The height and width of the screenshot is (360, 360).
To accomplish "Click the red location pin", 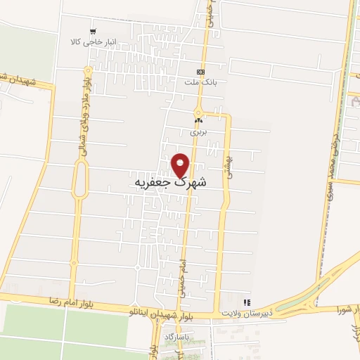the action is (181, 165).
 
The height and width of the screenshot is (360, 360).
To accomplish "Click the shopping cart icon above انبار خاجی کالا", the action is (93, 32).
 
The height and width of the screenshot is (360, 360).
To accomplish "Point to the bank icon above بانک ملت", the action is (201, 72).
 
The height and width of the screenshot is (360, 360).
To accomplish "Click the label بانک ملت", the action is (198, 83).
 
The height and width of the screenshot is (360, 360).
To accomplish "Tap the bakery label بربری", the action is (198, 131).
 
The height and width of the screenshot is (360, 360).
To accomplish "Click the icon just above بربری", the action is (198, 121).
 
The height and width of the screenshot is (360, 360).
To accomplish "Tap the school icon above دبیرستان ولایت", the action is (246, 302).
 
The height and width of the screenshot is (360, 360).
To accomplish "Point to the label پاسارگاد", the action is (178, 337).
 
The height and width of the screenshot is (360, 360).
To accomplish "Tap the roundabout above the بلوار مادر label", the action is (86, 70).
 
